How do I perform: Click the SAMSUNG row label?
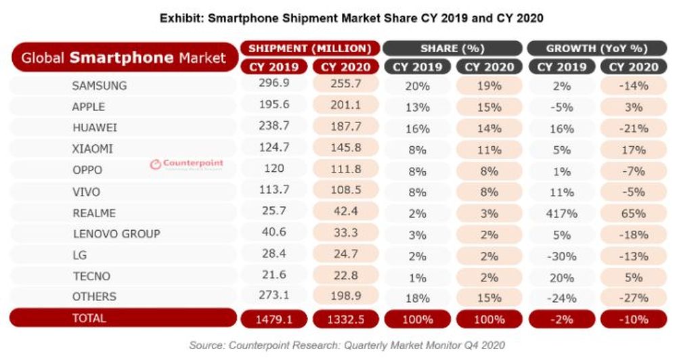click(x=99, y=86)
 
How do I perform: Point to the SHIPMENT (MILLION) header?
click(x=309, y=48)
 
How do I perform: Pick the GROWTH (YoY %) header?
click(x=596, y=48)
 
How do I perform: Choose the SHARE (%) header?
click(x=452, y=48)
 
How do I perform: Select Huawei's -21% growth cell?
click(x=634, y=128)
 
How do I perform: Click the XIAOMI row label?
click(x=93, y=149)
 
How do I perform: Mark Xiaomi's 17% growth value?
click(x=634, y=149)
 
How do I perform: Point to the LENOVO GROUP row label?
click(x=116, y=233)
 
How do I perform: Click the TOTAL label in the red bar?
click(x=92, y=317)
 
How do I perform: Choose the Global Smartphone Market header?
click(x=123, y=58)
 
